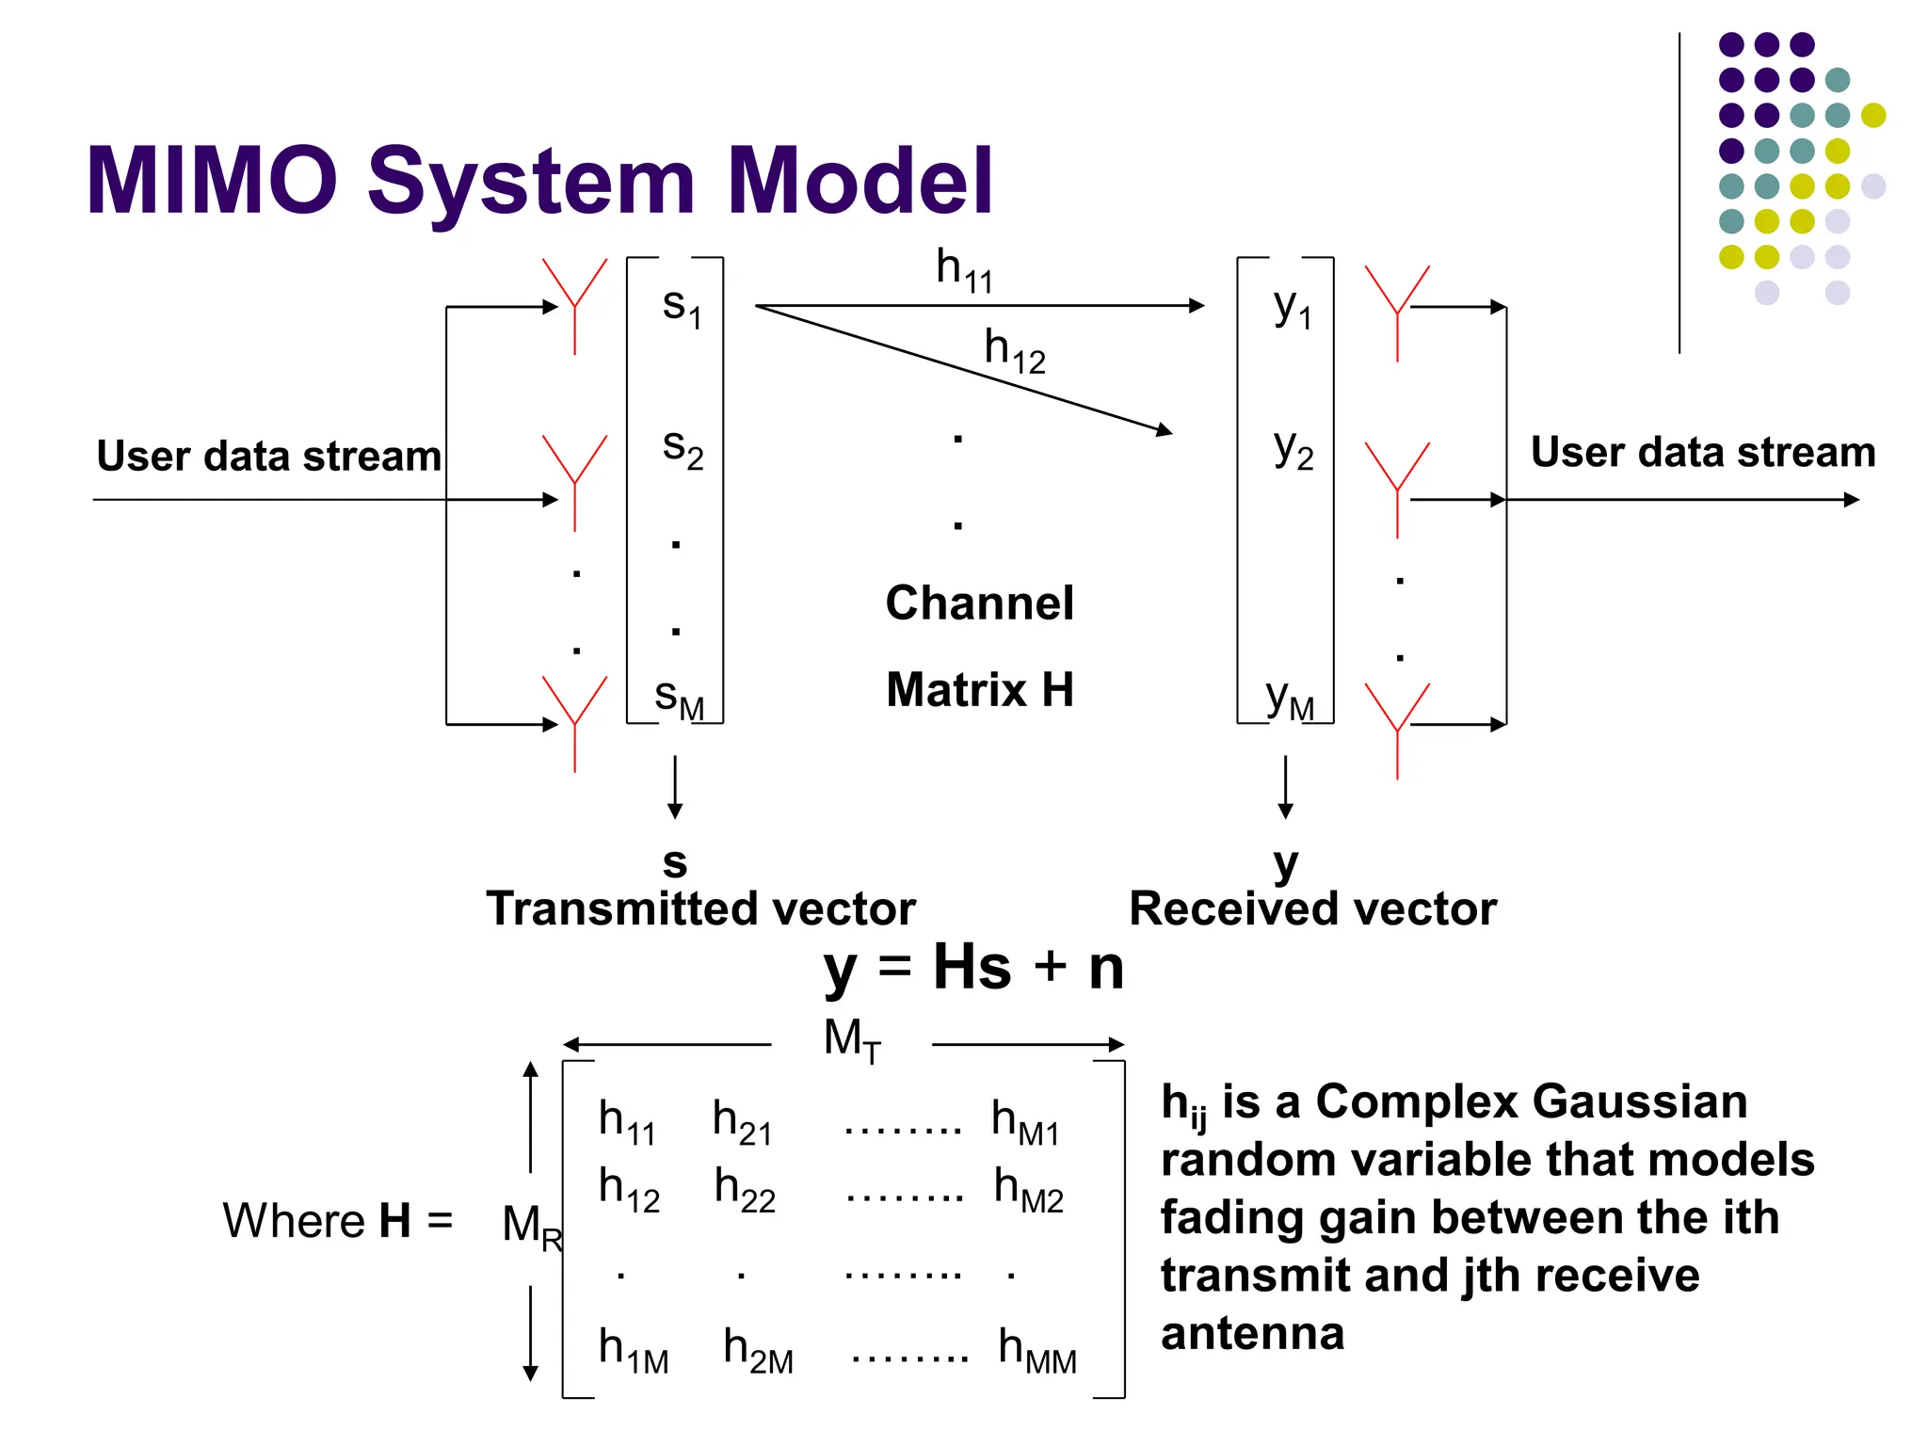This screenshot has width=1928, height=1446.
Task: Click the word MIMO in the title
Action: tap(213, 181)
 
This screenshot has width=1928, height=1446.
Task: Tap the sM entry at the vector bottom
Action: tap(679, 699)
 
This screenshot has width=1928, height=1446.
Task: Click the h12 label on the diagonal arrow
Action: tap(1014, 350)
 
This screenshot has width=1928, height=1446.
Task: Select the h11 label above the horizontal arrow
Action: tap(963, 269)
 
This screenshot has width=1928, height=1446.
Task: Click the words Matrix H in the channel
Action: tap(979, 689)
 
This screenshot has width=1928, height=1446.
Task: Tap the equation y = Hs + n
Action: tap(973, 968)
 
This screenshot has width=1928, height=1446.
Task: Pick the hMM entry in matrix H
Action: tap(1036, 1349)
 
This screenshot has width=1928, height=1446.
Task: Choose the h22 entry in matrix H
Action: tap(745, 1188)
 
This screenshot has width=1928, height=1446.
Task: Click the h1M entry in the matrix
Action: tap(633, 1349)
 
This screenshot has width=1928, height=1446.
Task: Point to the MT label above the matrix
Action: tap(852, 1040)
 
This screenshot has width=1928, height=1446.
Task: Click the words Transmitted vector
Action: tap(700, 909)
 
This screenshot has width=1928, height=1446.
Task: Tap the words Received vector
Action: tap(1312, 909)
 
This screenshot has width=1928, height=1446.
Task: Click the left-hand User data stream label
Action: tap(268, 456)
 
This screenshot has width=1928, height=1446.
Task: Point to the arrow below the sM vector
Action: tap(675, 787)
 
